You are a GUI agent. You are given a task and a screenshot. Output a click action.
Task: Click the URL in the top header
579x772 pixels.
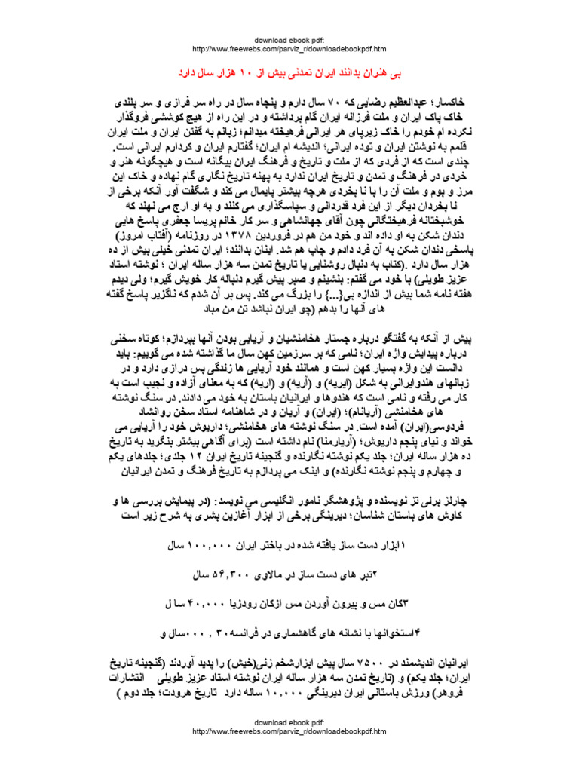point(289,49)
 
